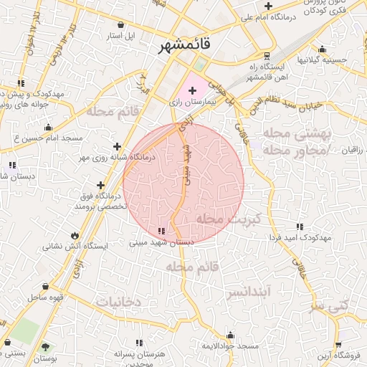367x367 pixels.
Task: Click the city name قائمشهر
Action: pyautogui.click(x=186, y=44)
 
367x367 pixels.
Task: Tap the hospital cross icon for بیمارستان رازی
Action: pyautogui.click(x=192, y=91)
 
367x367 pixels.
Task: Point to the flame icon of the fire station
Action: pyautogui.click(x=75, y=235)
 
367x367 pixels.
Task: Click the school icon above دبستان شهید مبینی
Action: pyautogui.click(x=161, y=231)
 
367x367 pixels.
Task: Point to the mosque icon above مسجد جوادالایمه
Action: pyautogui.click(x=230, y=335)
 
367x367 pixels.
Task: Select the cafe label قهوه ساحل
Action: pyautogui.click(x=47, y=296)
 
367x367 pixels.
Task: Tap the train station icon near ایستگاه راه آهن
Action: pyautogui.click(x=267, y=55)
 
